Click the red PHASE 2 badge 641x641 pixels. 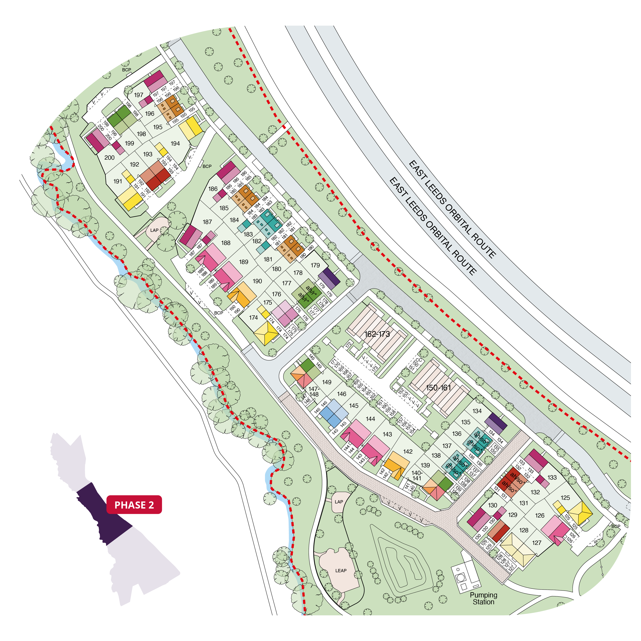pos(134,505)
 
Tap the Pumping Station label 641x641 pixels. pos(483,598)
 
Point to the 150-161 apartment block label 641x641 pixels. pos(438,388)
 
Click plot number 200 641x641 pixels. pos(109,158)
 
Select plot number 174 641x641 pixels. pos(253,318)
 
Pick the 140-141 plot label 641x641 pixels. pos(417,475)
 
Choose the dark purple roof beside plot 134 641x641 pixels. pos(496,424)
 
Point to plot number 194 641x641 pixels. pos(175,143)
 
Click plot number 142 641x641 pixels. pos(408,451)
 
